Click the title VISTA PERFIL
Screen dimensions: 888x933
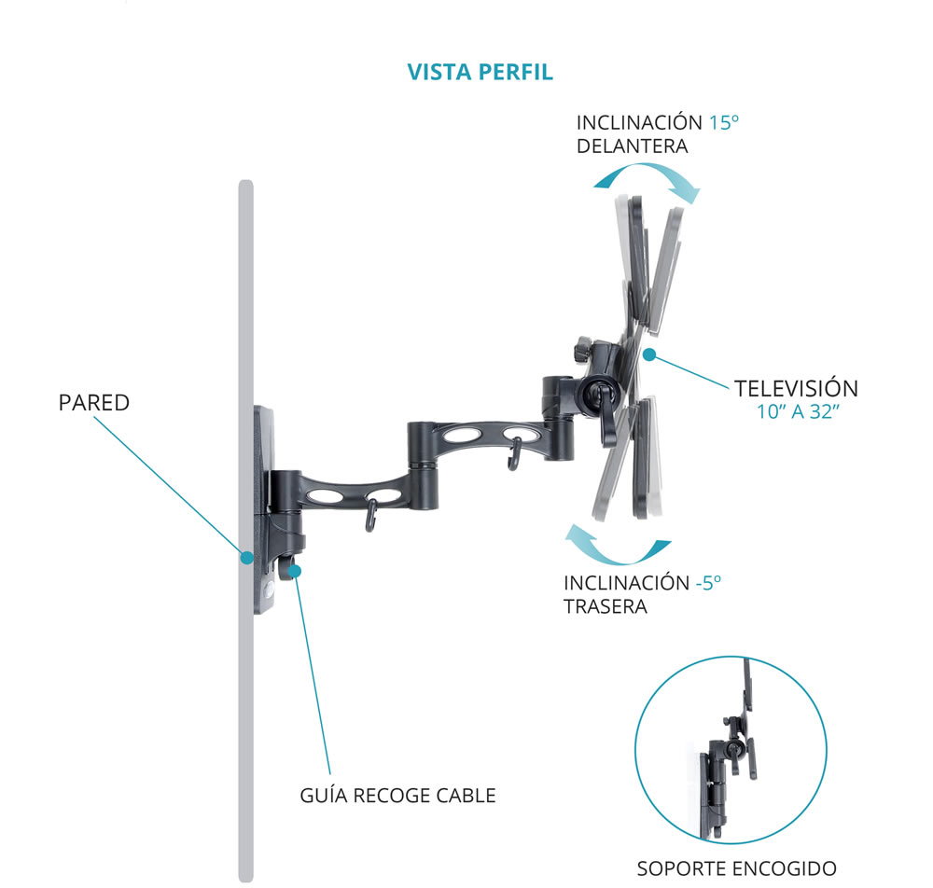(480, 73)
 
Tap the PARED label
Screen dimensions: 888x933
(93, 404)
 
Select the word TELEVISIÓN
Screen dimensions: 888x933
(796, 388)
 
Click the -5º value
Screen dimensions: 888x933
(708, 583)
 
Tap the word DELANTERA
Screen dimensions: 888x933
(632, 146)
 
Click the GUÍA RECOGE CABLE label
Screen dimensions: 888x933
(397, 796)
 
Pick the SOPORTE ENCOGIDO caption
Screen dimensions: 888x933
(736, 868)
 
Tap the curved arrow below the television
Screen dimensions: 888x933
(619, 548)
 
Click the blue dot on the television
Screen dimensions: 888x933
(649, 354)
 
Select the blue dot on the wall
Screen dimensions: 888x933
(246, 558)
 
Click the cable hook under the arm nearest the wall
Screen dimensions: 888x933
(370, 516)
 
